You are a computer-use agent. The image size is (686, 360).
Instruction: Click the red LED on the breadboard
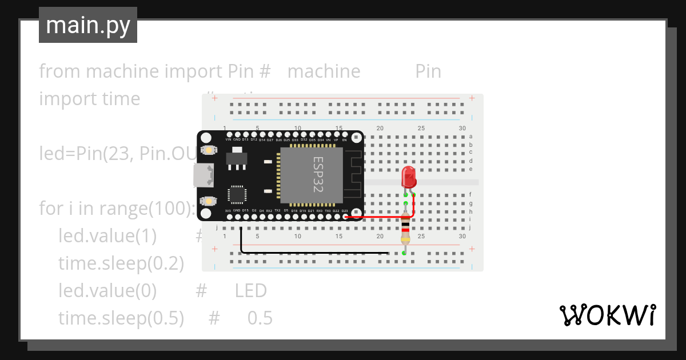(x=409, y=177)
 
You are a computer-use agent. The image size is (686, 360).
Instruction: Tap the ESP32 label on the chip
(x=318, y=174)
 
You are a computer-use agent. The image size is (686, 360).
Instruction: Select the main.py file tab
(x=88, y=25)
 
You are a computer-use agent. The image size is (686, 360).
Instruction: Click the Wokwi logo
(x=607, y=315)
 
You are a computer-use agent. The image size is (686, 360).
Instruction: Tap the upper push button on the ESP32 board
(x=210, y=150)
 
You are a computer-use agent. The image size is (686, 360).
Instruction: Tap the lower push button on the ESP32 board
(x=210, y=202)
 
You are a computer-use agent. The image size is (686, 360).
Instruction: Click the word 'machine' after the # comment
(x=324, y=71)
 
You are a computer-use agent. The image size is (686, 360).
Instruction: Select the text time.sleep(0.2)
(x=121, y=263)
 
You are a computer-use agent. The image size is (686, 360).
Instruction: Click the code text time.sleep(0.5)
(x=121, y=318)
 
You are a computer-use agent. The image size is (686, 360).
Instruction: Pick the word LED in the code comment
(x=250, y=291)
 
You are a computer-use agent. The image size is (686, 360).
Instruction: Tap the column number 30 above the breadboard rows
(x=462, y=128)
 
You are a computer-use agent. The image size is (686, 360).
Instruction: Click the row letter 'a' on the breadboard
(x=470, y=137)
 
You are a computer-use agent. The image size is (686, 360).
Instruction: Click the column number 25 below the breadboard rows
(x=421, y=237)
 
